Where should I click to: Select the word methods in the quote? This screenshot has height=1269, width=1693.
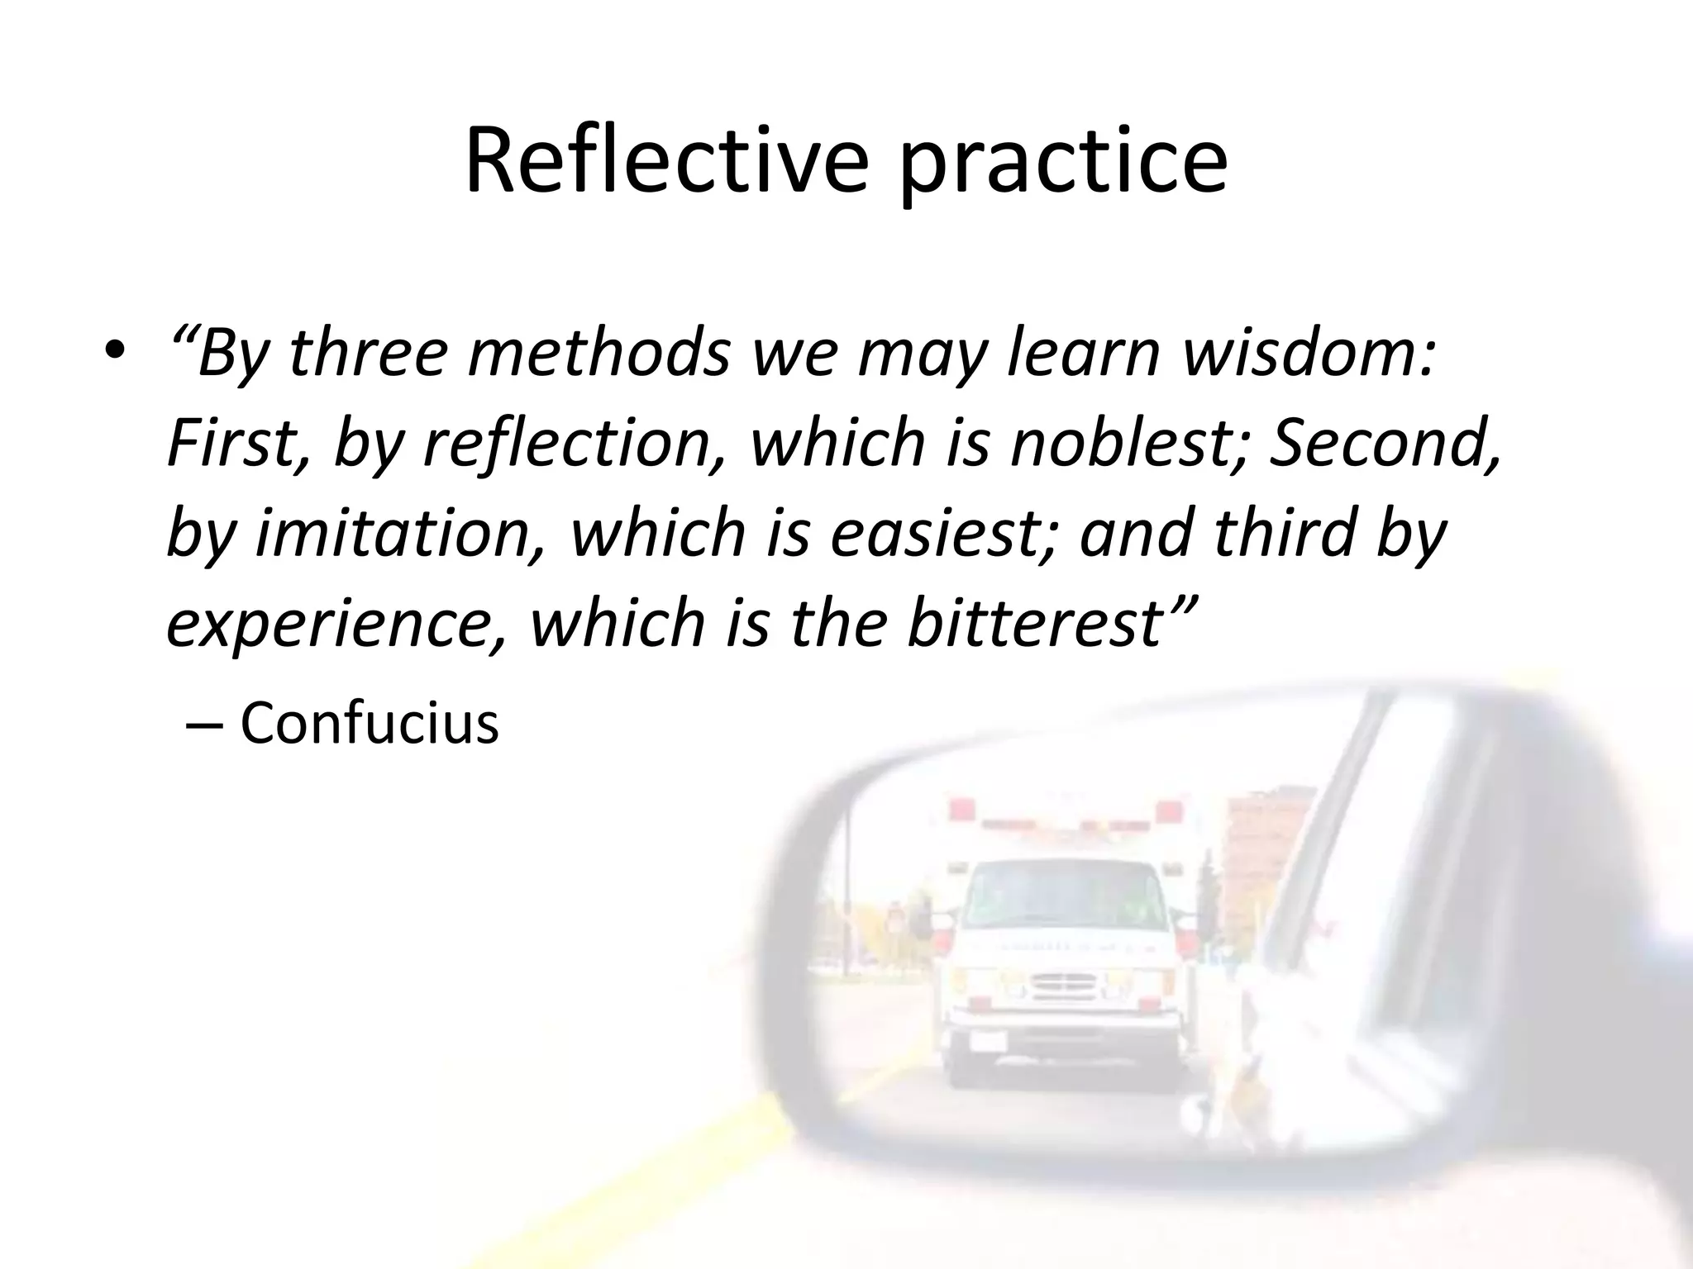(x=599, y=353)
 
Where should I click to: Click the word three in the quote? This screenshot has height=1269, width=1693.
(x=368, y=353)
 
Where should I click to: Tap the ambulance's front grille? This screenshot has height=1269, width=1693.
(x=1066, y=987)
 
